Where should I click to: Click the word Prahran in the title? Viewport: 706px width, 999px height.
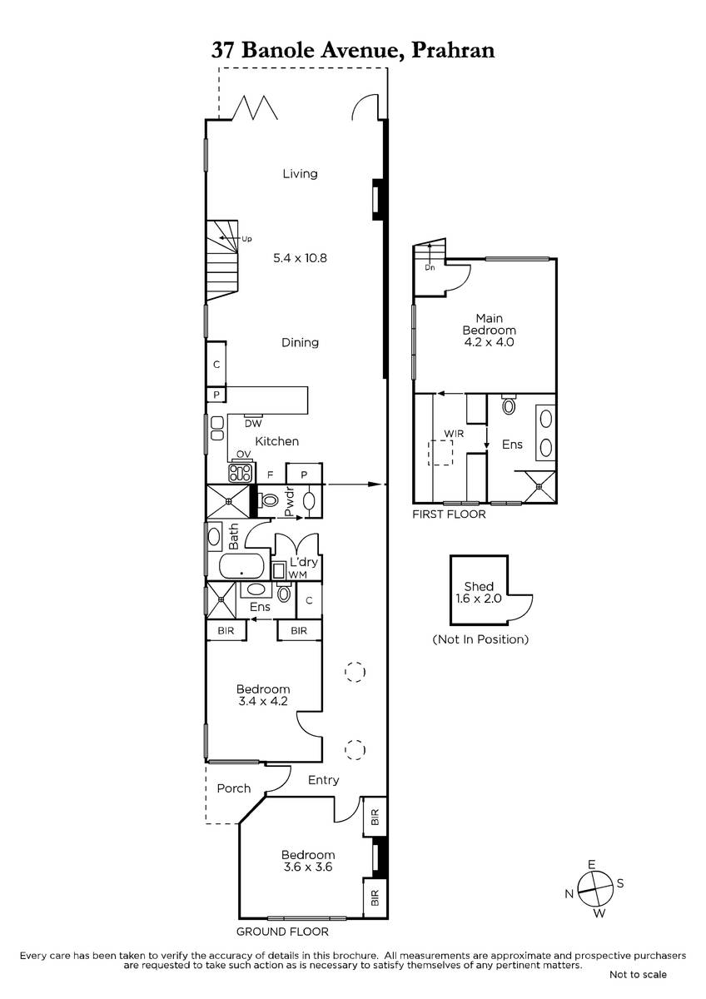point(453,51)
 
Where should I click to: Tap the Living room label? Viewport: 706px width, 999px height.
point(301,173)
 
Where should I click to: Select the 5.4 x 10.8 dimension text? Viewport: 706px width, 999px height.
point(301,258)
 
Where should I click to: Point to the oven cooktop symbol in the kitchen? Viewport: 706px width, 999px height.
point(241,473)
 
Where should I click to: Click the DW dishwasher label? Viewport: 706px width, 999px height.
point(253,423)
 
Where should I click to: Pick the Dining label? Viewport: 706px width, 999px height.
point(301,342)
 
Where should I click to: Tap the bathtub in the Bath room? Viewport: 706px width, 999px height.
point(241,566)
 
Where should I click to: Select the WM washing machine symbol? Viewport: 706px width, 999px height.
point(280,571)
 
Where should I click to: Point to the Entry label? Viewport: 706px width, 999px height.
point(323,780)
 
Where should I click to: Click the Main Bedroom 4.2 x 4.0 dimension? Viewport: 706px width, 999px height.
point(490,342)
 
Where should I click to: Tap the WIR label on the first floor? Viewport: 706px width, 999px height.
point(454,434)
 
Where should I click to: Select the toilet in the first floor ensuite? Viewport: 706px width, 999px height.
point(509,405)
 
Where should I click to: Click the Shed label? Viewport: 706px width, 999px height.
point(479,586)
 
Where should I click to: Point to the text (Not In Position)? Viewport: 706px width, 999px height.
point(480,639)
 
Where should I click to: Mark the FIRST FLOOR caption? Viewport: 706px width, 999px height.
point(449,514)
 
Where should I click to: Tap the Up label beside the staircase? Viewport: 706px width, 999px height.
point(246,239)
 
